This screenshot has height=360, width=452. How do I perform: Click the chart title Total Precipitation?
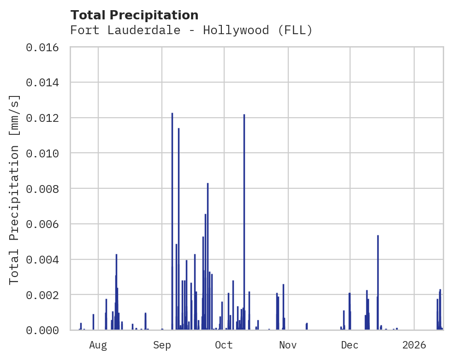135,15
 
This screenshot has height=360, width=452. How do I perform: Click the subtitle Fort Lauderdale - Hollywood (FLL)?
191,30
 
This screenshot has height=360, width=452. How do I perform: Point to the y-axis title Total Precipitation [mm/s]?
14,189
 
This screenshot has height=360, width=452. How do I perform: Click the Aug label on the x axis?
98,345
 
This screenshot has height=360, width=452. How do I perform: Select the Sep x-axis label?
162,345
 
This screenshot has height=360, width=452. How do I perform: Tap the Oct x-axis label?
224,345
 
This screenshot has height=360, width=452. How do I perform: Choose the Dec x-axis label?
350,345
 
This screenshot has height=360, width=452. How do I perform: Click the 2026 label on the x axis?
414,345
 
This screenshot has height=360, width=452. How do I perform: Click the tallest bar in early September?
172,222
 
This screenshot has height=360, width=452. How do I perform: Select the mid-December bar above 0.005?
378,282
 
